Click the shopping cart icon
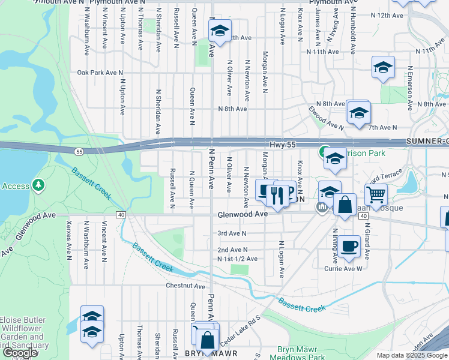click(x=376, y=194)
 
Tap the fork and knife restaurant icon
click(x=277, y=196)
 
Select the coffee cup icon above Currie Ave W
click(x=348, y=245)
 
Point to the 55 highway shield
click(x=79, y=152)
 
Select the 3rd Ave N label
click(x=232, y=233)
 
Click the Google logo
click(x=19, y=353)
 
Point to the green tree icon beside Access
click(x=39, y=183)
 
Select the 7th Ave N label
click(x=383, y=127)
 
